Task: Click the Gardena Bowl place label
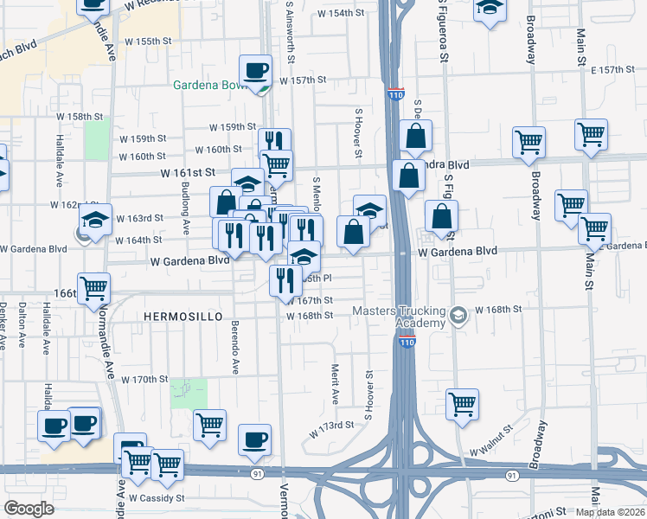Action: point(211,86)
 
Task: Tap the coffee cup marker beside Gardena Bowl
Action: point(255,70)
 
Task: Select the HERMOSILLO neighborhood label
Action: point(175,317)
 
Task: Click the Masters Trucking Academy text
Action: point(399,317)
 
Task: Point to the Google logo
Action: point(29,509)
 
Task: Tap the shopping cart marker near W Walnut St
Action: point(463,403)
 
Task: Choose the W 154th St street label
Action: point(341,14)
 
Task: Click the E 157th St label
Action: point(613,69)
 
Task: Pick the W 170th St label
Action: point(144,380)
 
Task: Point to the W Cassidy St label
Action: point(157,498)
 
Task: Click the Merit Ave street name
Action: point(335,384)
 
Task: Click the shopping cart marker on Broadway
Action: point(528,142)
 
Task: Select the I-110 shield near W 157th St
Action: point(395,93)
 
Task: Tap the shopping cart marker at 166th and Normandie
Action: point(93,287)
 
